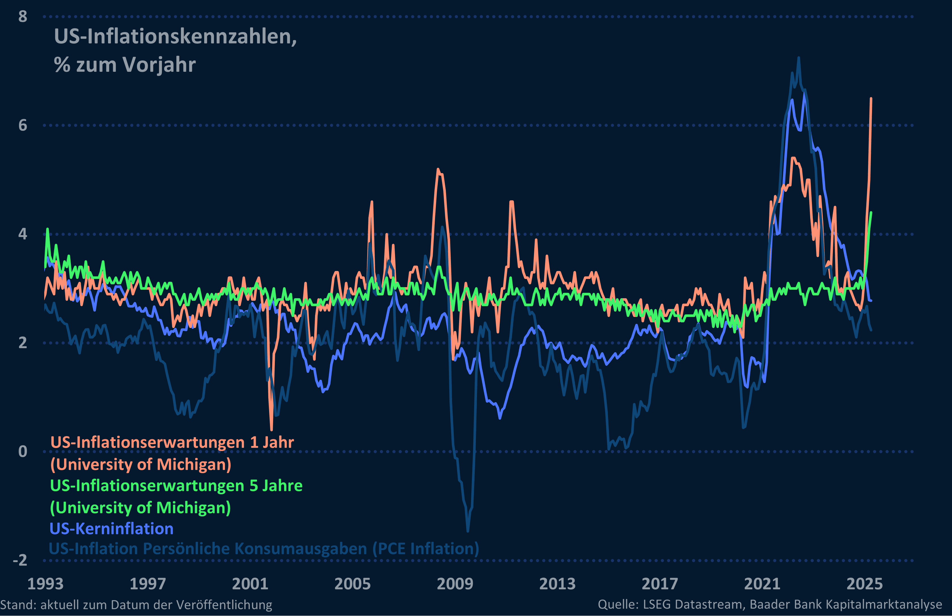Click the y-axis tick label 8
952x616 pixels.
(23, 17)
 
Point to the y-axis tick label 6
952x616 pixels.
(23, 126)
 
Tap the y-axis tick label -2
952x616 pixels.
(20, 560)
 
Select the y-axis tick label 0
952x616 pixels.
(23, 452)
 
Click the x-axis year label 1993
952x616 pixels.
(45, 584)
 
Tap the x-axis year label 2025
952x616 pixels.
(864, 584)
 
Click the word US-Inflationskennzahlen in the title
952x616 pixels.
(175, 37)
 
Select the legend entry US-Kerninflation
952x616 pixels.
(111, 529)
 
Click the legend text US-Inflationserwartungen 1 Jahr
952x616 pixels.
(172, 442)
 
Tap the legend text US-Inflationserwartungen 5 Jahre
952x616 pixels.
(176, 485)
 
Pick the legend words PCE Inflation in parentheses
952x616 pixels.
(426, 549)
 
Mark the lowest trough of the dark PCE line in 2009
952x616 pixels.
(468, 531)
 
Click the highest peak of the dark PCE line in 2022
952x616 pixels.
(799, 58)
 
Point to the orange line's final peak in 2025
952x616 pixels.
(871, 98)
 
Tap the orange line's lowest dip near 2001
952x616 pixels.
(272, 430)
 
